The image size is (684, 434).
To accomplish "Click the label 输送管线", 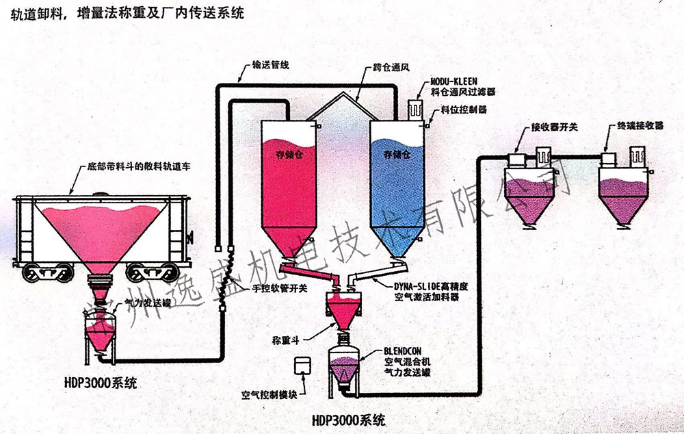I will coord(270,66).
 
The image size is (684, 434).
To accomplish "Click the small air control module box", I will coord(301,367).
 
